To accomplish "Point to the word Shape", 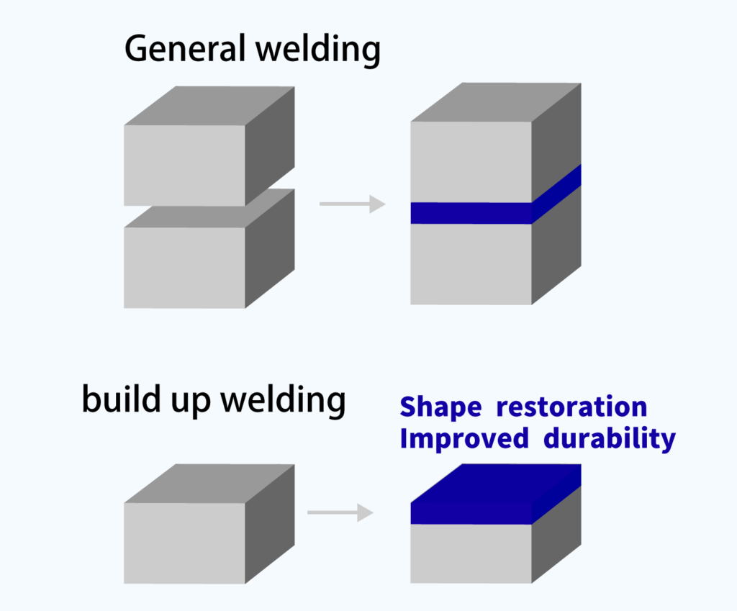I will (440, 407).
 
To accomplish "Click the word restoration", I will (572, 407).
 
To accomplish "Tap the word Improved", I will (464, 438).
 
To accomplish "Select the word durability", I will (610, 438).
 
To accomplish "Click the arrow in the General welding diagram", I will (352, 204).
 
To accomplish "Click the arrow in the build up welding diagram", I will (340, 513).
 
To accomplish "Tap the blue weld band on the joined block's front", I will (471, 213).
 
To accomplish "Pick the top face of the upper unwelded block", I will (209, 107).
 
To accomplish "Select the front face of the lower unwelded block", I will (185, 268).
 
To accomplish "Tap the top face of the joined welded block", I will (497, 102).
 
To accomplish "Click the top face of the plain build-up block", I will (209, 484).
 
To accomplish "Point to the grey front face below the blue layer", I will (471, 553).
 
